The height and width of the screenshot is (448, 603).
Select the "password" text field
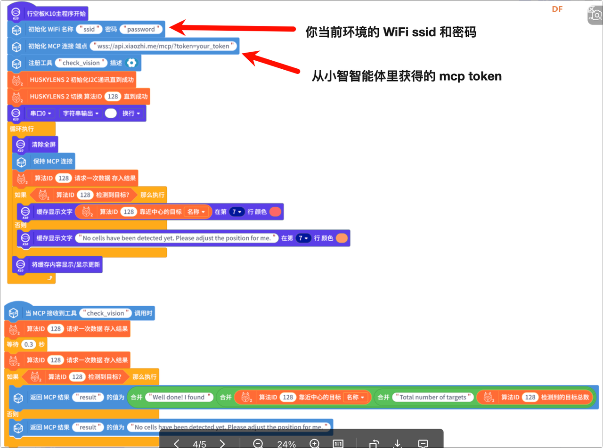tap(141, 29)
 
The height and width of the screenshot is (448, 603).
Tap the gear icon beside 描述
tap(131, 63)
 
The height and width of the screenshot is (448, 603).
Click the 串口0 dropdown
tap(41, 114)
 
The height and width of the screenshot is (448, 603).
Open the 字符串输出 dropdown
tap(81, 114)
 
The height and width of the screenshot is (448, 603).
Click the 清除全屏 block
tap(43, 145)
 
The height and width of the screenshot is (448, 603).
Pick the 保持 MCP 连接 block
tap(52, 161)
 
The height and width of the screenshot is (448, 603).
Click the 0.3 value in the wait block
tap(29, 344)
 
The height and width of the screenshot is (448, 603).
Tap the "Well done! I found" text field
tap(179, 397)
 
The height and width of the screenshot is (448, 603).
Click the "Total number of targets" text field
tap(432, 397)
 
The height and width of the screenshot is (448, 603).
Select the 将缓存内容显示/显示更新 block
tap(65, 265)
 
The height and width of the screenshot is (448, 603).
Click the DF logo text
tap(557, 9)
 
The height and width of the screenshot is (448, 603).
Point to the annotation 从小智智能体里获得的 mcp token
tap(407, 76)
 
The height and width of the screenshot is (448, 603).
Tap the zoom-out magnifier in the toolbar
tap(258, 444)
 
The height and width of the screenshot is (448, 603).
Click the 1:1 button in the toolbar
tap(338, 444)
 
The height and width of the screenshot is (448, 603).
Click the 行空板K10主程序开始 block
tap(56, 14)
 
